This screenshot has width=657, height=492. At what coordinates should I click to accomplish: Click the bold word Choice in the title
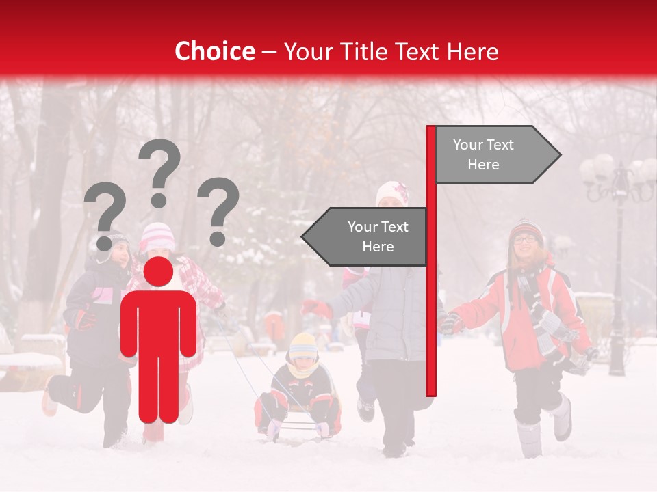[214, 52]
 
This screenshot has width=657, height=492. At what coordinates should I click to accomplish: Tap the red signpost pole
[430, 307]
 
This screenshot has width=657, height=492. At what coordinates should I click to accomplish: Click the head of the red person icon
[158, 271]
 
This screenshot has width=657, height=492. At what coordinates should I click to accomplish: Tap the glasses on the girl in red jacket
[524, 239]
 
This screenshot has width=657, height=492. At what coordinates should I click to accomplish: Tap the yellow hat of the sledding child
[302, 346]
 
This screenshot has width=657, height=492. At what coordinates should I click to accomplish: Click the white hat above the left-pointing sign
[392, 192]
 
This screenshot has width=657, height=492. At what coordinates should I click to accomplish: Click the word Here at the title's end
[472, 52]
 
